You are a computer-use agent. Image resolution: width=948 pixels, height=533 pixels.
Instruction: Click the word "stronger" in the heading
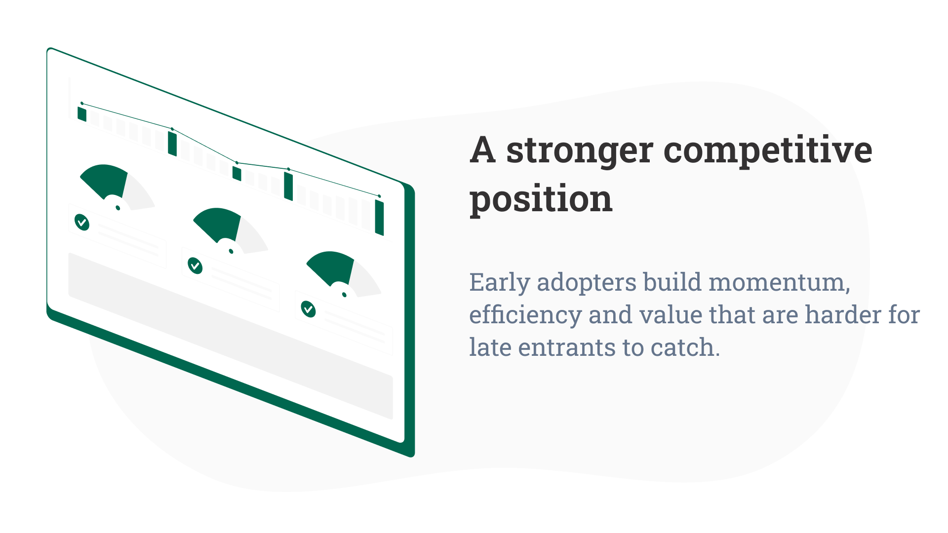[580, 151]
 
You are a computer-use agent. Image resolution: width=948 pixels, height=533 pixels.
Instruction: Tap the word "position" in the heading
[541, 199]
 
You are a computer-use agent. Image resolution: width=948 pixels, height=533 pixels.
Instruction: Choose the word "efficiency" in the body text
[525, 315]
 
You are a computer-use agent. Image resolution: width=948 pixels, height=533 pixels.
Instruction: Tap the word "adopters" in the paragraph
[587, 283]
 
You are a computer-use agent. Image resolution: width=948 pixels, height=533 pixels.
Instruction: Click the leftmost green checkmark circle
[82, 222]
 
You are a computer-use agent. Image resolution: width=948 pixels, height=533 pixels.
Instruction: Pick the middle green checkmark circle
[195, 266]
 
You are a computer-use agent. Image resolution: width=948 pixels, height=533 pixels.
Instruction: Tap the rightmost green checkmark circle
[308, 309]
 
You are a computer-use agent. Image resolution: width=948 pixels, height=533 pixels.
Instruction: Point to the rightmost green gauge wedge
[331, 266]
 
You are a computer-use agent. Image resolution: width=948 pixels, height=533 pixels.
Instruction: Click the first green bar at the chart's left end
[82, 114]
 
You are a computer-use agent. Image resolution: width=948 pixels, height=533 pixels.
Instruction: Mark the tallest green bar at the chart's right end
[379, 217]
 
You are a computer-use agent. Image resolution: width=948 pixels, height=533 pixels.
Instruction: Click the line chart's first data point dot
[82, 104]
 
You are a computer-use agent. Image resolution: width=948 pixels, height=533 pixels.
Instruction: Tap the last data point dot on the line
[379, 196]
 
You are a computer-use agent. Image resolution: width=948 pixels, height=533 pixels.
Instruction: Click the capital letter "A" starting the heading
[482, 151]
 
